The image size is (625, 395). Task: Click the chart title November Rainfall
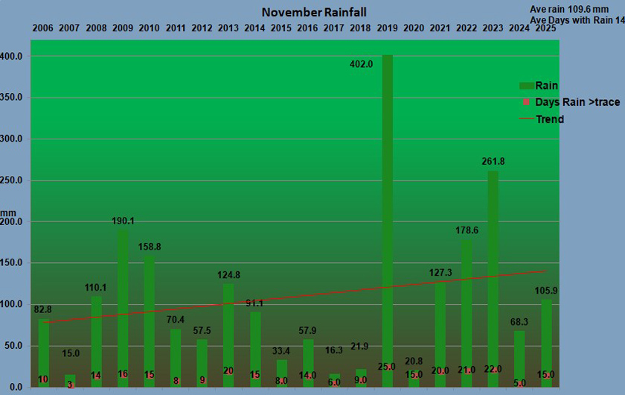click(x=313, y=13)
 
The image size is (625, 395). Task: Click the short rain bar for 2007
click(x=70, y=379)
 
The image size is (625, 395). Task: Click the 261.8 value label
click(x=493, y=161)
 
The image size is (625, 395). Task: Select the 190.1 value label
click(x=124, y=221)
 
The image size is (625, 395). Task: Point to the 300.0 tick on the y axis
click(x=14, y=139)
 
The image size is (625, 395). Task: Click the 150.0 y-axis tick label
click(x=14, y=263)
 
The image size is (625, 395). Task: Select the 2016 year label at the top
click(x=307, y=28)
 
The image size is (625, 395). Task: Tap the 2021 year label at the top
click(x=440, y=28)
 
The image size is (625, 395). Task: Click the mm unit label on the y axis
click(x=7, y=212)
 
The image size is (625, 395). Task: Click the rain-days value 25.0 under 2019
click(x=387, y=367)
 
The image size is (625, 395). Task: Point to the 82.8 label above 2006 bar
click(x=42, y=309)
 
